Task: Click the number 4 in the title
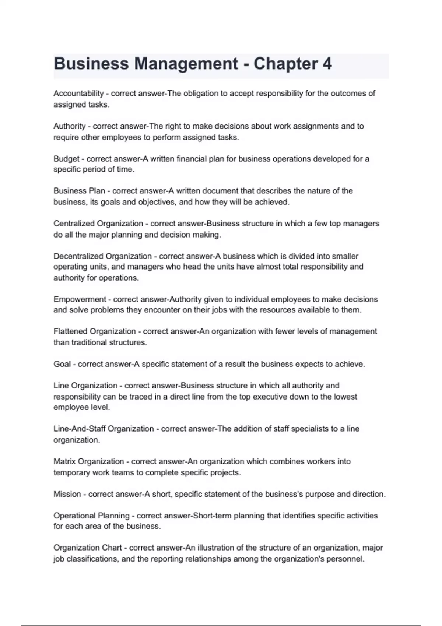point(327,64)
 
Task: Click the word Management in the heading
point(186,64)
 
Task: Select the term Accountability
point(78,94)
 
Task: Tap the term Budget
point(66,159)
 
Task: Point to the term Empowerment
point(80,299)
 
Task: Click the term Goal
point(62,364)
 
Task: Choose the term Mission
point(67,494)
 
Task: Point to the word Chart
point(112,548)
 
